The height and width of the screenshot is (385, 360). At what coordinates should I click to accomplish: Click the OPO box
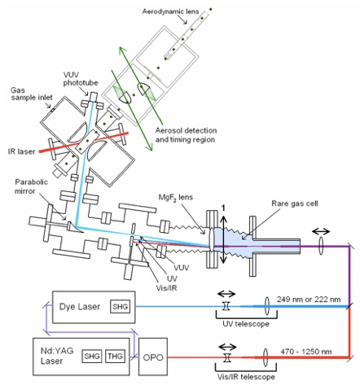click(153, 357)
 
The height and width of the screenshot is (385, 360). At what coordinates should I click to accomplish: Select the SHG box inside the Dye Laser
click(120, 307)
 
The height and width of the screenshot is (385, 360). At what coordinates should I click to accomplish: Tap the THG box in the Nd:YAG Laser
click(115, 356)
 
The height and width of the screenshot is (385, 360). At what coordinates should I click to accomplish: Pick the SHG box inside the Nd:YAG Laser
click(92, 356)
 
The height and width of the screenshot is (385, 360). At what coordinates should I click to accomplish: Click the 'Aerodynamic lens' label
click(170, 11)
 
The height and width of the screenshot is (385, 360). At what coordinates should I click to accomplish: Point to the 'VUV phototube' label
click(81, 79)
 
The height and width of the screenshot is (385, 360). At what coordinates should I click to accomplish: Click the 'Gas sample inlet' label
click(32, 94)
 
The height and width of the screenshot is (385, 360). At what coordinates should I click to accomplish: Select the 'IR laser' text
click(22, 151)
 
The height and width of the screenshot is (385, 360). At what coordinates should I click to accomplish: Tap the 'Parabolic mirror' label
click(31, 186)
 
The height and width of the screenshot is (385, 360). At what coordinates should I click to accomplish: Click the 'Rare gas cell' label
click(295, 203)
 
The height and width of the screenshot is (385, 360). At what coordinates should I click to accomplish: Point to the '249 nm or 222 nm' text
click(309, 300)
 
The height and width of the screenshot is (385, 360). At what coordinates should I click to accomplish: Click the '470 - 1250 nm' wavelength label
click(306, 352)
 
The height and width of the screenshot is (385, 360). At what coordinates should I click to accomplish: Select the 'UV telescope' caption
click(246, 324)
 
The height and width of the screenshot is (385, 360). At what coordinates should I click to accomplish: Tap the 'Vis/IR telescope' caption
click(246, 377)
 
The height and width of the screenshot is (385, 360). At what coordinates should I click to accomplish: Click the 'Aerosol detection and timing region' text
click(186, 135)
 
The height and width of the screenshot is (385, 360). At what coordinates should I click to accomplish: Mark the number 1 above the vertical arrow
click(223, 208)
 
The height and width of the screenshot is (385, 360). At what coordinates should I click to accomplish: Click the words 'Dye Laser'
click(80, 307)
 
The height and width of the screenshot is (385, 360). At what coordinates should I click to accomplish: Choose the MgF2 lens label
click(176, 197)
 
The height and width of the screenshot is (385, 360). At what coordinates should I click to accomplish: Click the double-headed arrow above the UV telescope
click(226, 294)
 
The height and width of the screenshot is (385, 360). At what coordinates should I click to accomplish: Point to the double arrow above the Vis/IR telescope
click(227, 347)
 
